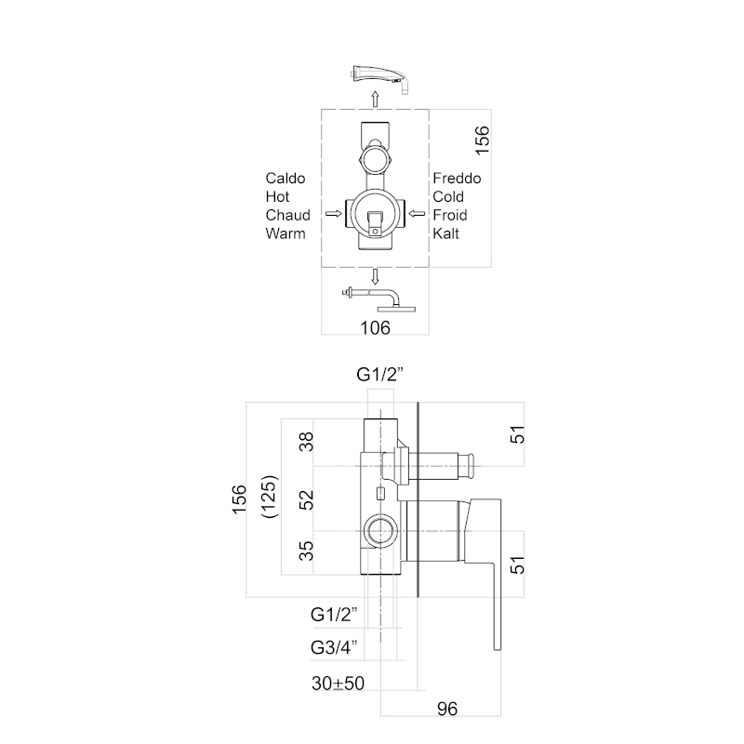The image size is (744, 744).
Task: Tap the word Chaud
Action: click(x=287, y=215)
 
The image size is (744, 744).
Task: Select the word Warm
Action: click(x=286, y=233)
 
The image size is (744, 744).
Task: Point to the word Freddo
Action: click(x=457, y=178)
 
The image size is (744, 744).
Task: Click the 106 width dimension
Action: click(x=375, y=326)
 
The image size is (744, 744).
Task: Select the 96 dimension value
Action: click(x=448, y=710)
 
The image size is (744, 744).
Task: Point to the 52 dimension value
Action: click(x=308, y=499)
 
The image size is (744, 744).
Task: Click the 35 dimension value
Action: click(x=308, y=551)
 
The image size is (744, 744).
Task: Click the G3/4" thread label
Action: click(x=335, y=647)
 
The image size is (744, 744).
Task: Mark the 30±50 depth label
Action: click(x=338, y=683)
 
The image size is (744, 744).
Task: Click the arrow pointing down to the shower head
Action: click(x=375, y=275)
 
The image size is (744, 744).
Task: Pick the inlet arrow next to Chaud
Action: click(x=332, y=215)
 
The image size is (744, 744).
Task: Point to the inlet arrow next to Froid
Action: click(x=418, y=215)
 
